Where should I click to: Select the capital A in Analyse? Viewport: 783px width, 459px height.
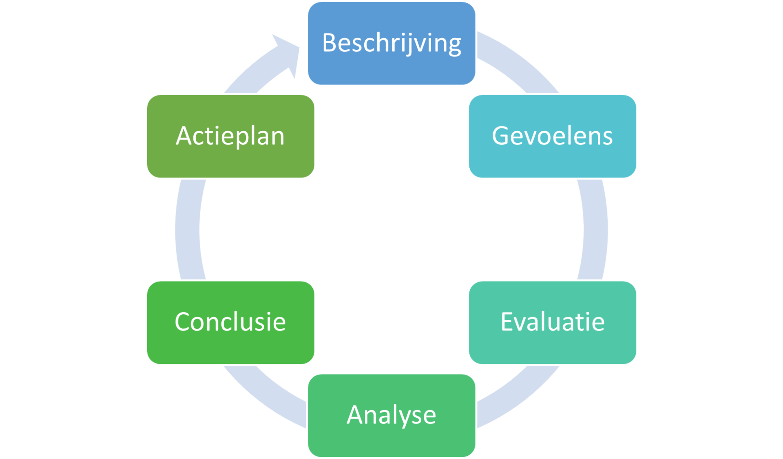(x=355, y=415)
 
